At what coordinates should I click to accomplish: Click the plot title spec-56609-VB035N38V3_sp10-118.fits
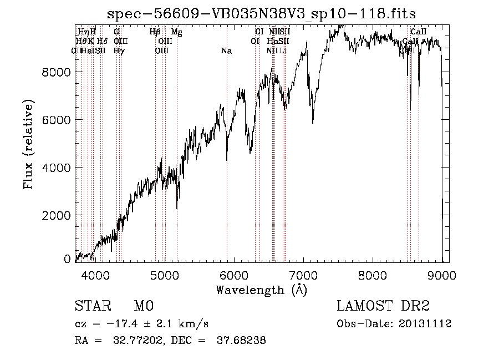(261, 13)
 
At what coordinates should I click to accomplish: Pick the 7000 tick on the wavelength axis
(303, 275)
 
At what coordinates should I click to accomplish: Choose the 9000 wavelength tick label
(442, 275)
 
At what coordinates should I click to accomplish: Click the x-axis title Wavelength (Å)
(261, 290)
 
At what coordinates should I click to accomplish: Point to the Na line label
(226, 51)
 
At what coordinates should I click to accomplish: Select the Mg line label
(176, 32)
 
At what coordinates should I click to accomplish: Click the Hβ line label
(155, 32)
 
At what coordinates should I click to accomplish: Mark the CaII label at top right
(419, 32)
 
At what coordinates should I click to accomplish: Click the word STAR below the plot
(90, 307)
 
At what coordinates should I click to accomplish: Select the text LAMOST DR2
(383, 307)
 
